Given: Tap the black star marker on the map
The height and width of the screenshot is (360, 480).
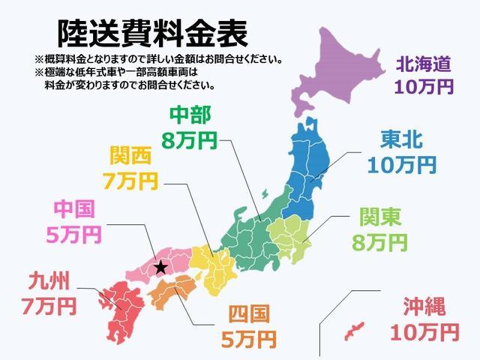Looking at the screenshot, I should pos(159,266).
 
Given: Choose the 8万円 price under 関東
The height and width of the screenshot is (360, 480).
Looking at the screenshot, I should pos(379,242).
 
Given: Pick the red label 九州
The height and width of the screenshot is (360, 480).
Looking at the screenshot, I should pos(48,282).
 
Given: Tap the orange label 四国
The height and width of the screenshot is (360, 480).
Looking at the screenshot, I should pos(248,314).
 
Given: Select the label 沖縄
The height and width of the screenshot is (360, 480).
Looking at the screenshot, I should pos(424,306).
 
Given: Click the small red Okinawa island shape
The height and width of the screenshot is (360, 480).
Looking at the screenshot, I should pos(353,330).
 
